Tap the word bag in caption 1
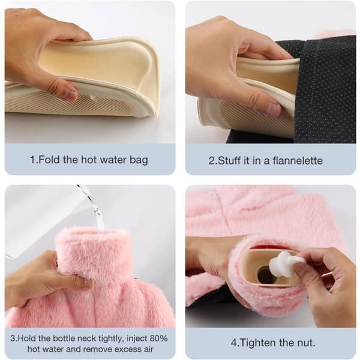(139, 160)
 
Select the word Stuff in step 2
(229, 160)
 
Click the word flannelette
(298, 160)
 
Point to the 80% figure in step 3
(158, 338)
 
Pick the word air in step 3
(148, 349)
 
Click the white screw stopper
(284, 262)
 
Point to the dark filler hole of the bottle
(266, 275)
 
